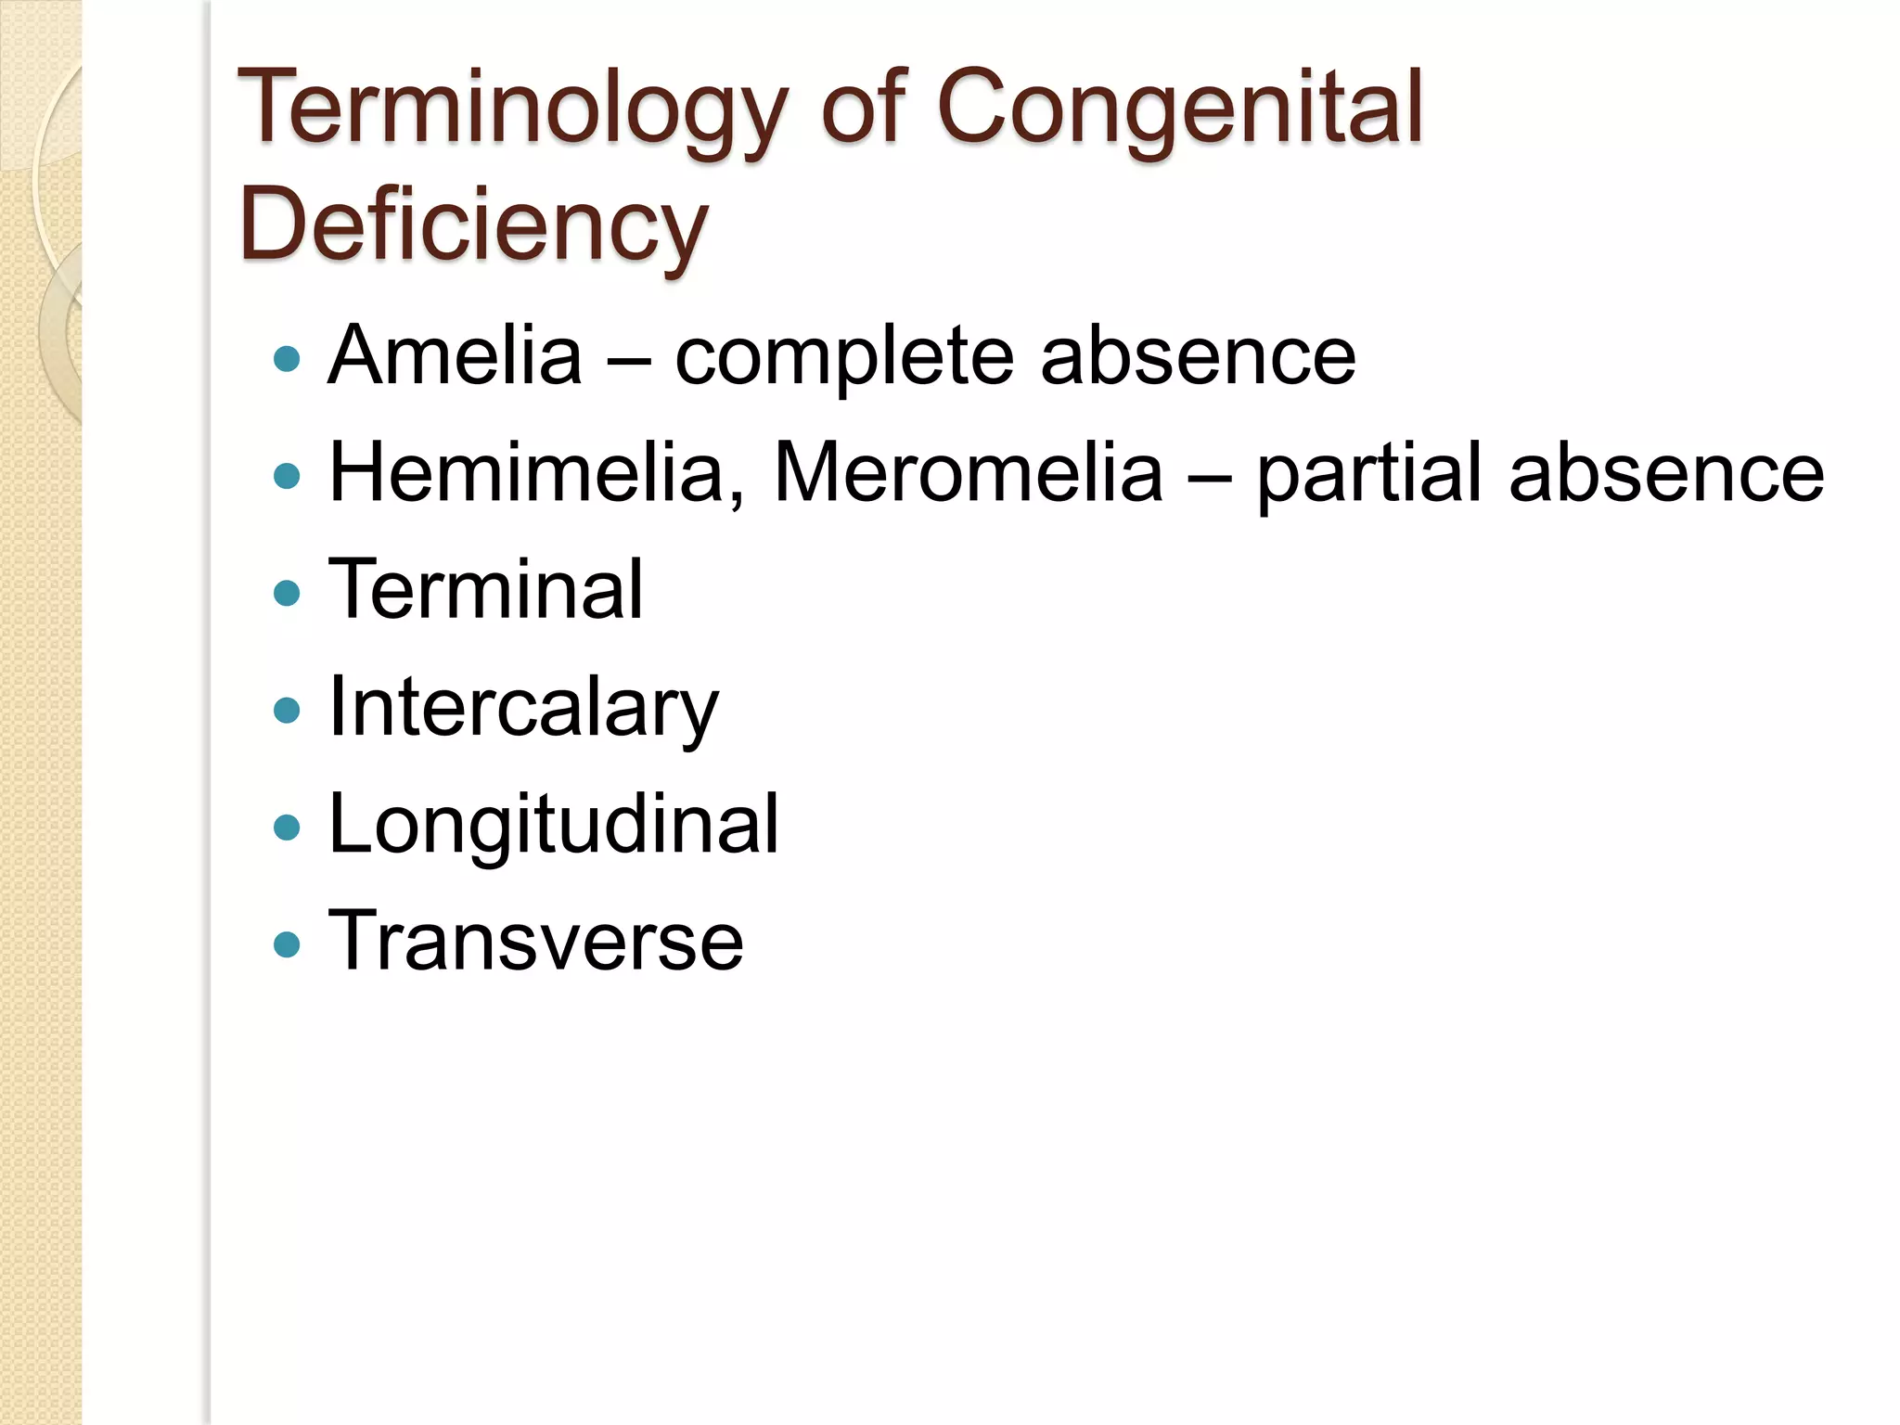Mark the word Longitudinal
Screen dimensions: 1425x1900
pos(554,826)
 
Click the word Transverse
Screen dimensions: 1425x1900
pos(536,942)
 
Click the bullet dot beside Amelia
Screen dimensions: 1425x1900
pos(288,359)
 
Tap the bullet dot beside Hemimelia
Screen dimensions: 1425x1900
pos(288,476)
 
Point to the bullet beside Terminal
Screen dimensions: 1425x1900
pos(288,593)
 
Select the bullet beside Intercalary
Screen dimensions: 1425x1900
pos(288,710)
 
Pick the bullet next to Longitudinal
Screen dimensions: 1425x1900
pos(288,827)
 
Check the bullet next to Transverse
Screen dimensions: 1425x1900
pos(288,944)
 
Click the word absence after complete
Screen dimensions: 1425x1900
pos(1198,357)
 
